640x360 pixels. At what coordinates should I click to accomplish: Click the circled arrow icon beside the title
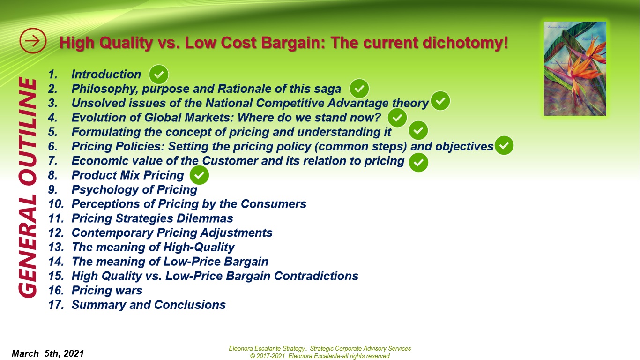[33, 41]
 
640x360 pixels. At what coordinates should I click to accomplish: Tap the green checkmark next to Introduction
[158, 75]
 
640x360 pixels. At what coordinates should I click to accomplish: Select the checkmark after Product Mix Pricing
[199, 176]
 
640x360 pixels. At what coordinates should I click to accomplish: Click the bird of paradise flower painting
[575, 68]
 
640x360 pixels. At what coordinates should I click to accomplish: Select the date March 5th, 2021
[48, 353]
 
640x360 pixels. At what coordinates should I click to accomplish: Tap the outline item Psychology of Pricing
[134, 190]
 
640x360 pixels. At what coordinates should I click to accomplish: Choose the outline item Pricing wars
[107, 291]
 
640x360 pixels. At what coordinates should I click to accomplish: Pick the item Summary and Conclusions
[149, 305]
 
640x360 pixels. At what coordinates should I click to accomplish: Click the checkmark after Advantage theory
[440, 101]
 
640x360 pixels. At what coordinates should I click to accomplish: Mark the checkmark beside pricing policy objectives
[504, 146]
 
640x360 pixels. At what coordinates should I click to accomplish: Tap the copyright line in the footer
[320, 356]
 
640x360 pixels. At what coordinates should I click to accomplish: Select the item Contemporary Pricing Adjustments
[172, 233]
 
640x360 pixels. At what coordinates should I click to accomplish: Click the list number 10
[56, 204]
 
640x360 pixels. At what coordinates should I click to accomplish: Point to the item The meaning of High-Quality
[153, 247]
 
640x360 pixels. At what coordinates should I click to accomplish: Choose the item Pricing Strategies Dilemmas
[152, 218]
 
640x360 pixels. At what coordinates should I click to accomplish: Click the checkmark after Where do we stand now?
[397, 118]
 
